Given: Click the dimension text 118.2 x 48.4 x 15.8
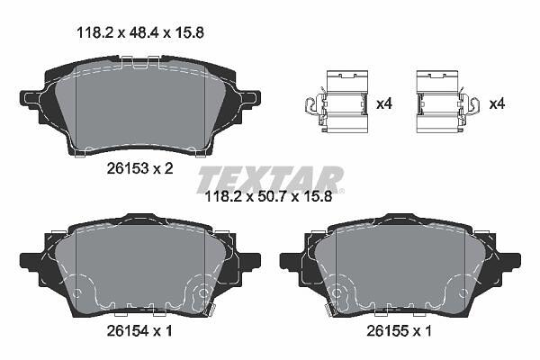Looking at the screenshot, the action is coord(140,33).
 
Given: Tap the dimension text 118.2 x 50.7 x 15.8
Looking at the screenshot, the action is coord(268,197).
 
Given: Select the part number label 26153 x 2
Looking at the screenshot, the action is coord(140,168).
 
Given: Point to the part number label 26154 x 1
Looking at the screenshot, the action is coord(139,331).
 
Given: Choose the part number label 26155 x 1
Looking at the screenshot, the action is coord(399,331).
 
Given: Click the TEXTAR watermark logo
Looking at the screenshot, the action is coord(270,179).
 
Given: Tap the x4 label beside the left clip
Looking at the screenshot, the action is coord(384,103).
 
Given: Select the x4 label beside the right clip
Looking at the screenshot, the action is coord(497,103).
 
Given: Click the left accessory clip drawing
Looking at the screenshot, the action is coord(337,102).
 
